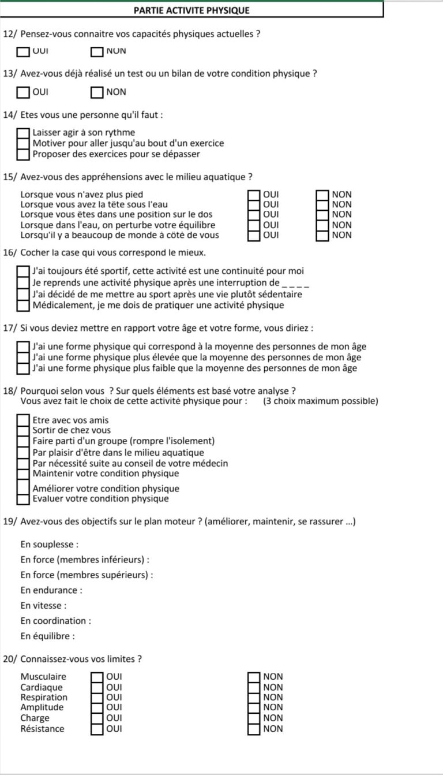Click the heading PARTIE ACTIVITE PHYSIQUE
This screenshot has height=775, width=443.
tap(192, 10)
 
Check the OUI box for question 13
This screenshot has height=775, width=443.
tap(24, 92)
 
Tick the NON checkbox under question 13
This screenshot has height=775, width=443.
tap(97, 92)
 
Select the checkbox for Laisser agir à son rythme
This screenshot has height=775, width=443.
tap(24, 133)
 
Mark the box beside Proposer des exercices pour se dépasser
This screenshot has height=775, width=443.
tap(24, 154)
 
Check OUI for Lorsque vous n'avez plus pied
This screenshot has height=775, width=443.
tap(254, 195)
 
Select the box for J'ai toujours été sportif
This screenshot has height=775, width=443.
tap(24, 271)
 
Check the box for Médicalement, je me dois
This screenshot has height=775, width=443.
tap(24, 305)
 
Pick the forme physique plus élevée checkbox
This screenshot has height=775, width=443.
tap(24, 357)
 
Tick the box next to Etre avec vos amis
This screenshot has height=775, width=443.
tap(24, 420)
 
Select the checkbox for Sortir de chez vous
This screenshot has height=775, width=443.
tap(24, 431)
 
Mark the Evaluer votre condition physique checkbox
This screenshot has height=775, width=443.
tap(24, 499)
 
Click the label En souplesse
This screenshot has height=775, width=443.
tap(49, 545)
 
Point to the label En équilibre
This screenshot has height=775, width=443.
tap(47, 636)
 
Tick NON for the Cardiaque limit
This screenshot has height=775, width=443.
tap(254, 687)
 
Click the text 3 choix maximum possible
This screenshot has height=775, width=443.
tap(320, 401)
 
